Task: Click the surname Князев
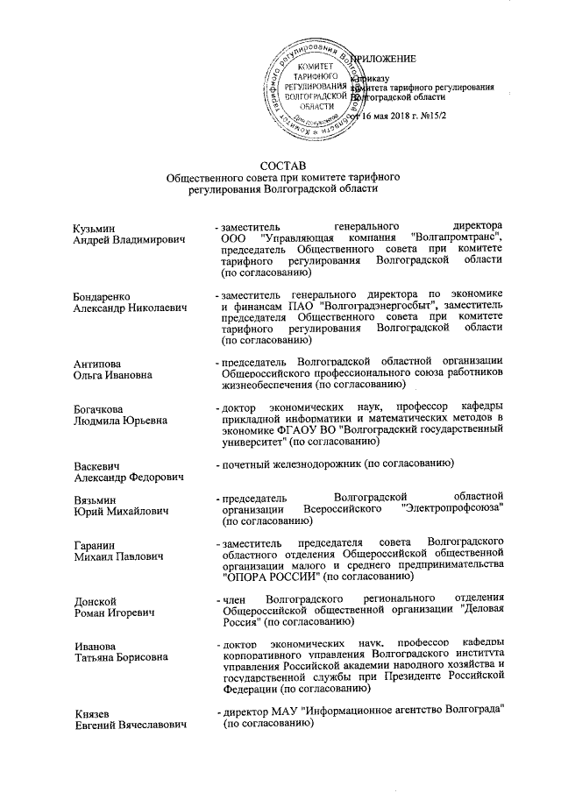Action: coord(95,717)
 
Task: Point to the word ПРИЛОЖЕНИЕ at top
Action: coord(383,59)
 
